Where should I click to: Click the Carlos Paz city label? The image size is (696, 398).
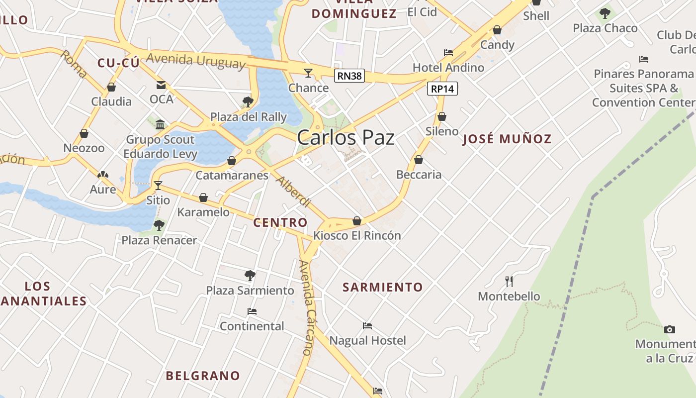coord(346,138)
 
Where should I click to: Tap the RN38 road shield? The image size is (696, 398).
coord(349,76)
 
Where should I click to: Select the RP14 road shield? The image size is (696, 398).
coord(442,89)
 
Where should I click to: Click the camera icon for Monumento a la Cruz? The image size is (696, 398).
coord(670,329)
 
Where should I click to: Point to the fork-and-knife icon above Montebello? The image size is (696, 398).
coord(509,282)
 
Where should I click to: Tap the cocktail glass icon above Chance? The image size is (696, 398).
coord(308,73)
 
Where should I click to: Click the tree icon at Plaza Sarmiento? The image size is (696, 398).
coord(250,275)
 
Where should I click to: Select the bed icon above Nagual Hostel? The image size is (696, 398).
coord(367,326)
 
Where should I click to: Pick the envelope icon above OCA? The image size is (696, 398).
coord(161,85)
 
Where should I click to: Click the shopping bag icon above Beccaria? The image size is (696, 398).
coord(419,160)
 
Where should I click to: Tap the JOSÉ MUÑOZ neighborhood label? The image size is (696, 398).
coord(507,139)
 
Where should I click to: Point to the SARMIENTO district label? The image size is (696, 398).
coord(383,287)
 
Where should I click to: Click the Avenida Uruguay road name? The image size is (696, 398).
coord(196,60)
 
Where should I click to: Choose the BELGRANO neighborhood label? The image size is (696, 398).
coord(203,376)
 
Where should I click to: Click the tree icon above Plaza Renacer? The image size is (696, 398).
coord(159,225)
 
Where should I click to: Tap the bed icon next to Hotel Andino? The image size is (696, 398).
coord(448,53)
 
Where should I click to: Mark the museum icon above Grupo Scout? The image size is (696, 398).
coord(160,124)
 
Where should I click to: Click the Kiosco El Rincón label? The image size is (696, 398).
coord(357,235)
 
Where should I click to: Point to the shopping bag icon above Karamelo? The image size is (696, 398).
coord(203,198)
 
